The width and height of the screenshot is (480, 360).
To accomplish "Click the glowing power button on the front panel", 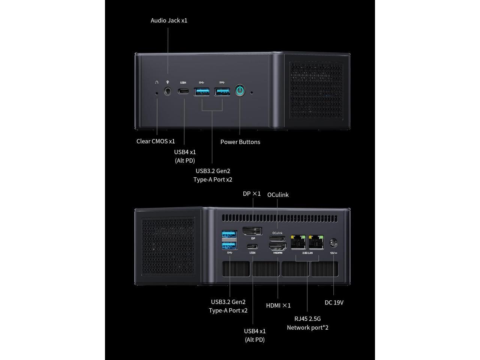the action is coord(240,91).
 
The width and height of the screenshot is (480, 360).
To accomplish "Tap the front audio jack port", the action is coord(168,91).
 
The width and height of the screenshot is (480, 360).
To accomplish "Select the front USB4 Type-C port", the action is coord(183,91).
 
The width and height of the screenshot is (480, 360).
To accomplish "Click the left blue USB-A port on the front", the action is coord(202,91).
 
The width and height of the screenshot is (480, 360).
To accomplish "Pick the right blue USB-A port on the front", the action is coord(222,91).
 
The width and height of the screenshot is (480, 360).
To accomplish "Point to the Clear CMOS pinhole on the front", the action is coord(157,91).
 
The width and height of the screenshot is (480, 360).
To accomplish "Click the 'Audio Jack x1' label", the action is coord(169,20).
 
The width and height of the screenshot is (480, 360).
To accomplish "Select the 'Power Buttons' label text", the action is coord(240,142).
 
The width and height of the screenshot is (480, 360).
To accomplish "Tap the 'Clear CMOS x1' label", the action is coord(156,141).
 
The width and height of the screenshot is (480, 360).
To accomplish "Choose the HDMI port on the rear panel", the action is coord(278,246).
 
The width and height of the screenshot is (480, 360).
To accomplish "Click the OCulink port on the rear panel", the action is coord(277,238).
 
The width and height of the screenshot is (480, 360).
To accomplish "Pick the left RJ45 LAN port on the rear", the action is coord(298,242).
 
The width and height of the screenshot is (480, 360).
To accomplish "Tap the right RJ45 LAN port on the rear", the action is coord(316,242).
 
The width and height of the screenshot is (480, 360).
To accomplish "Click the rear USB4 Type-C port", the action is coord(252,246).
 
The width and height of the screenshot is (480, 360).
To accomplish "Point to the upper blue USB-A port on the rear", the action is coord(229,235).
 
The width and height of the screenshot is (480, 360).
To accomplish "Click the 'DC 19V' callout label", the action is coord(334,303).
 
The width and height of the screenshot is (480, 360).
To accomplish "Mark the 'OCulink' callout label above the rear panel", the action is coord(278,195).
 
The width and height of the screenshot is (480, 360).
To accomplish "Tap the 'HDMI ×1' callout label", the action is coord(278,306).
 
